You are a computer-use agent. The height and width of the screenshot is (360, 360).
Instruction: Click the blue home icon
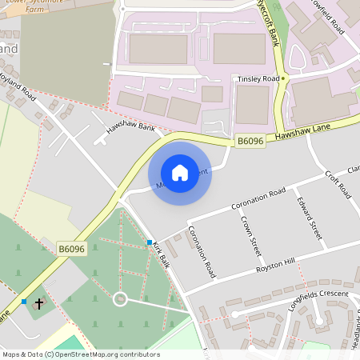point(180,172)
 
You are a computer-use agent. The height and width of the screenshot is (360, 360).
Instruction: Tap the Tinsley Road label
point(258,79)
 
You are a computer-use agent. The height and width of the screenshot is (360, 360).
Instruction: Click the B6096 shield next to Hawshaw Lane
point(250,142)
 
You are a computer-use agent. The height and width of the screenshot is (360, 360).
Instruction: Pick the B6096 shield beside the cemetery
point(71,250)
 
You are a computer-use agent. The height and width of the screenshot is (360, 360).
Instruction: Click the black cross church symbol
point(39,304)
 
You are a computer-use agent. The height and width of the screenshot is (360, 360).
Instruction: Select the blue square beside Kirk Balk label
point(150,242)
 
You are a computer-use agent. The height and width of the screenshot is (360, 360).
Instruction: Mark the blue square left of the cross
point(24,302)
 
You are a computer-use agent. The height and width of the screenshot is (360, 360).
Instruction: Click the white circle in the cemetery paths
point(120,299)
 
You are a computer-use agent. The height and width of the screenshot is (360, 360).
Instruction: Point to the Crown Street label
point(251,236)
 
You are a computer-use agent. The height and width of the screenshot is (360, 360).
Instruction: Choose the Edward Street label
point(308,218)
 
